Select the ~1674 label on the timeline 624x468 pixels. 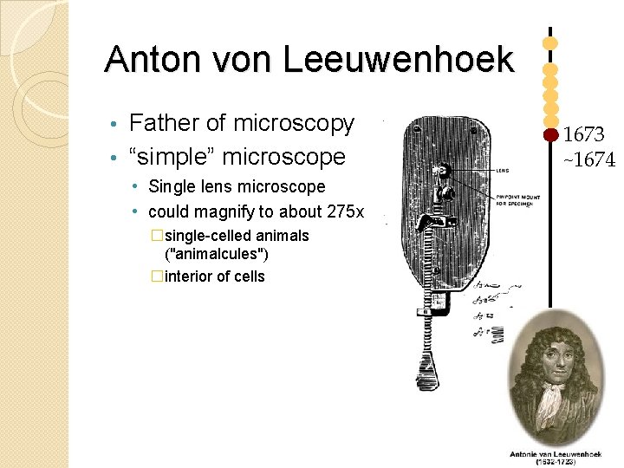pyautogui.click(x=589, y=159)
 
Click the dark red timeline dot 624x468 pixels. pyautogui.click(x=549, y=135)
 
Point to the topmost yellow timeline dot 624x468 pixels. pyautogui.click(x=549, y=41)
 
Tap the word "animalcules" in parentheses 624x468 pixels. pyautogui.click(x=216, y=254)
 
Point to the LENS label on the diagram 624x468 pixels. pyautogui.click(x=503, y=171)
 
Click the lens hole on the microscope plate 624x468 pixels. pyautogui.click(x=444, y=168)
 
